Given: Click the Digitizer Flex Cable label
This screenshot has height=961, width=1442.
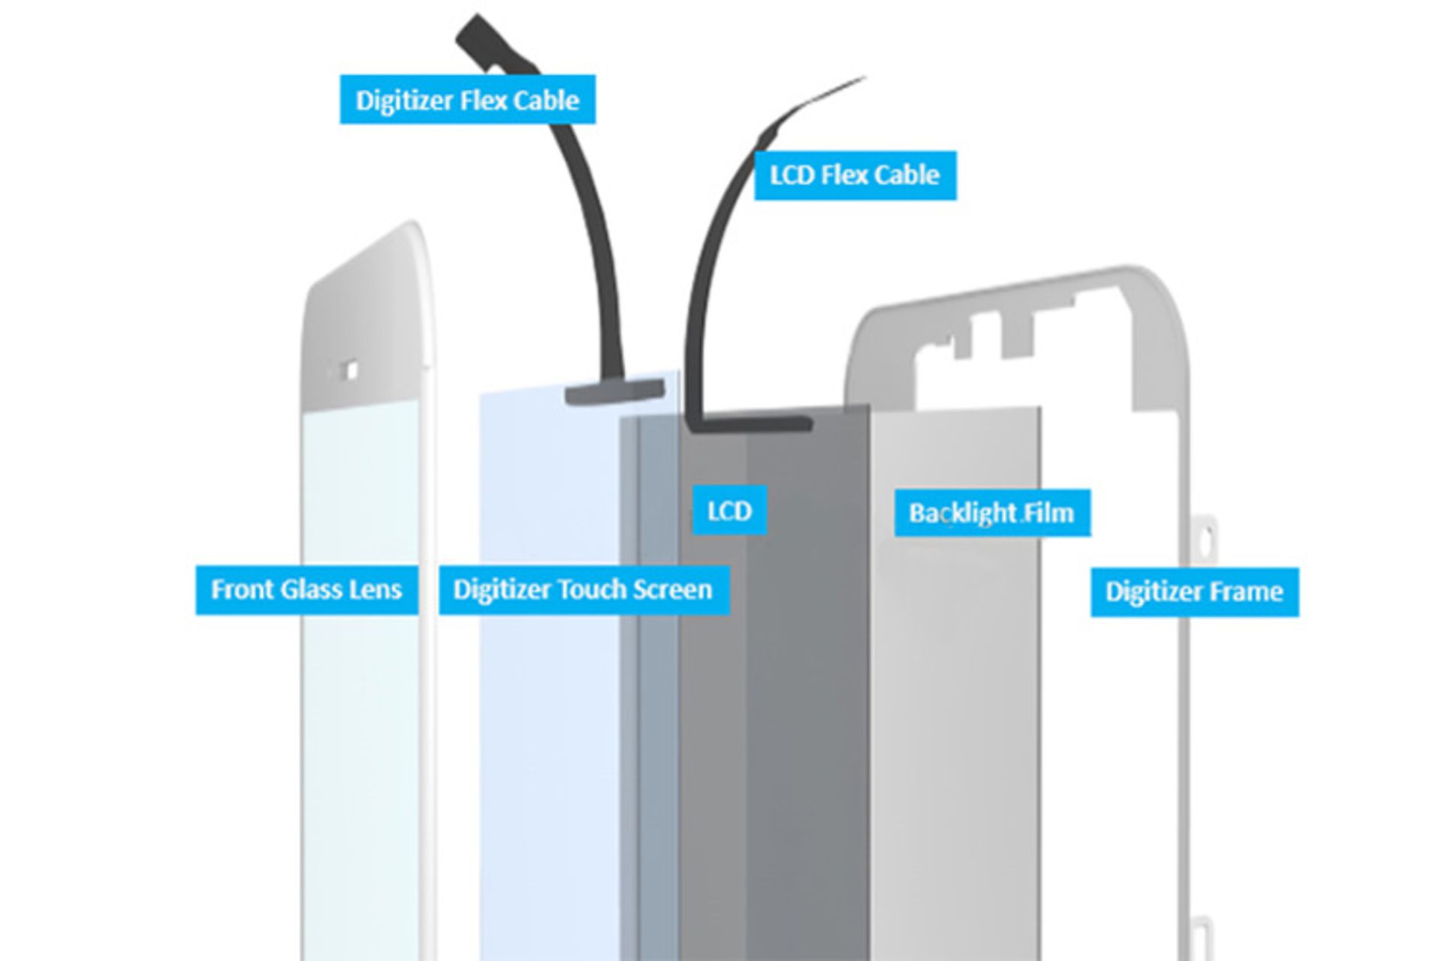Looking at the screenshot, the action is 467,99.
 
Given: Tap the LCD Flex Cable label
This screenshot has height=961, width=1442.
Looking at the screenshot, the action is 855,176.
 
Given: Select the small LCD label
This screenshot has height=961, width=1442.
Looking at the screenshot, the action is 729,511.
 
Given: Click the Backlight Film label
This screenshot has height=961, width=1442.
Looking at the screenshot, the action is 992,513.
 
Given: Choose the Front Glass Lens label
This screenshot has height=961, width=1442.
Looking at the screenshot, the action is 306,590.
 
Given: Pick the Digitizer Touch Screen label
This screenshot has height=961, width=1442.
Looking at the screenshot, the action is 584,590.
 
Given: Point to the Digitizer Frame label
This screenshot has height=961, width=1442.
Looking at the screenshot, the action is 1194,592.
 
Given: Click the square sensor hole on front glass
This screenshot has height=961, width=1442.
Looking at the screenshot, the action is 349,370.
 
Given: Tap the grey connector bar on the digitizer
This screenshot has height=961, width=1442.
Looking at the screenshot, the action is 614,391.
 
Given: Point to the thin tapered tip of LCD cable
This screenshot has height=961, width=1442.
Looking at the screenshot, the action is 864,77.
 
